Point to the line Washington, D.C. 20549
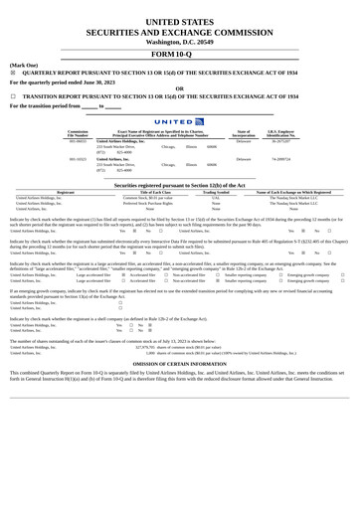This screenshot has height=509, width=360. (x=179, y=42)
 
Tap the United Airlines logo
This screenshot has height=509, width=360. (x=179, y=121)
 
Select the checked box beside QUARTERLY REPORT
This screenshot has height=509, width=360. (x=13, y=74)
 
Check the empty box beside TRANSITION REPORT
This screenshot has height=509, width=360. (x=13, y=97)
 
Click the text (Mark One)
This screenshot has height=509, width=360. (x=24, y=65)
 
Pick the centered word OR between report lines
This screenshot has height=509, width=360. (x=179, y=87)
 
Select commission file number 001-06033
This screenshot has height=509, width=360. (x=78, y=141)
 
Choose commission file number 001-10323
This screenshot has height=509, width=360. (x=78, y=159)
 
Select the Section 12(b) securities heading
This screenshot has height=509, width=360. (x=179, y=185)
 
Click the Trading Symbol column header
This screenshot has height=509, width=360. (x=216, y=192)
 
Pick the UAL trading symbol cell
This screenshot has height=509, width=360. (x=216, y=198)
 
